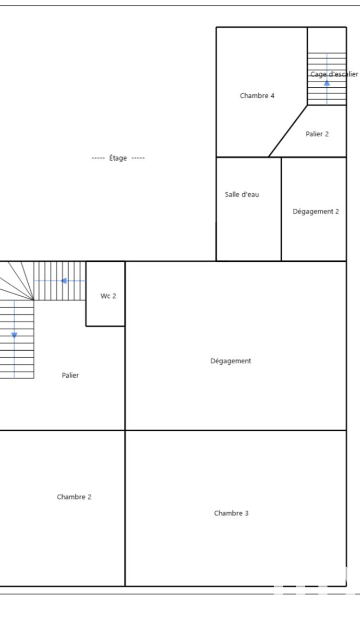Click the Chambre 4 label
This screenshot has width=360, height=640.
pyautogui.click(x=257, y=96)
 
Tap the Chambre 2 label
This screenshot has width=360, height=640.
pyautogui.click(x=74, y=497)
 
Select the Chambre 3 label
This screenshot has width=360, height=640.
pyautogui.click(x=231, y=513)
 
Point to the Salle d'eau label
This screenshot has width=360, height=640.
pyautogui.click(x=242, y=195)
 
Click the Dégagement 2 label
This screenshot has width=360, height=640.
pyautogui.click(x=316, y=212)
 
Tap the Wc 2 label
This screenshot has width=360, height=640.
pyautogui.click(x=108, y=296)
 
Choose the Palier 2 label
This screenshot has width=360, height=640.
pyautogui.click(x=317, y=134)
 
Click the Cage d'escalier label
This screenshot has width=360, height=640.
pyautogui.click(x=334, y=74)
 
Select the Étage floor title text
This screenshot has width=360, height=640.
pyautogui.click(x=118, y=158)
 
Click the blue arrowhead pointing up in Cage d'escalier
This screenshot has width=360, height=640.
pyautogui.click(x=327, y=83)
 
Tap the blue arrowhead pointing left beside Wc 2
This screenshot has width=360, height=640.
pyautogui.click(x=63, y=281)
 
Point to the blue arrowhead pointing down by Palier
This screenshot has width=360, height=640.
pyautogui.click(x=14, y=335)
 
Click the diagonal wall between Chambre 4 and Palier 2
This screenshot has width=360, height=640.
pyautogui.click(x=288, y=131)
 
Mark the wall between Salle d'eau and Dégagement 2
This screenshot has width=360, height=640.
pyautogui.click(x=281, y=209)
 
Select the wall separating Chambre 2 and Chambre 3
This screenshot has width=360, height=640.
pyautogui.click(x=125, y=509)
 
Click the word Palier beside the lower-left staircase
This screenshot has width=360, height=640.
pyautogui.click(x=70, y=376)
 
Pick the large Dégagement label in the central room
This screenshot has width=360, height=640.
pyautogui.click(x=230, y=361)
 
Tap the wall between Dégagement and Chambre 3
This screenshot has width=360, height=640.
pyautogui.click(x=235, y=430)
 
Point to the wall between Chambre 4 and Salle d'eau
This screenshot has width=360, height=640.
pyautogui.click(x=242, y=157)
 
